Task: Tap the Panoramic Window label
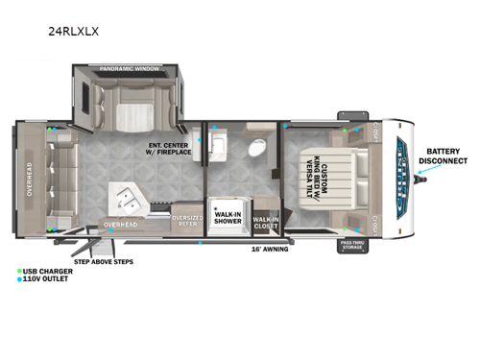tap(130, 69)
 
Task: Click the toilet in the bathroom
tap(256, 148)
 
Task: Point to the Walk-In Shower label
tap(228, 216)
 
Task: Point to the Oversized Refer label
tap(185, 221)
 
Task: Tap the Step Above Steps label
tap(103, 261)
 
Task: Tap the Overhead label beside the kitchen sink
tap(121, 225)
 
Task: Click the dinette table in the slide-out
tap(130, 120)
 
